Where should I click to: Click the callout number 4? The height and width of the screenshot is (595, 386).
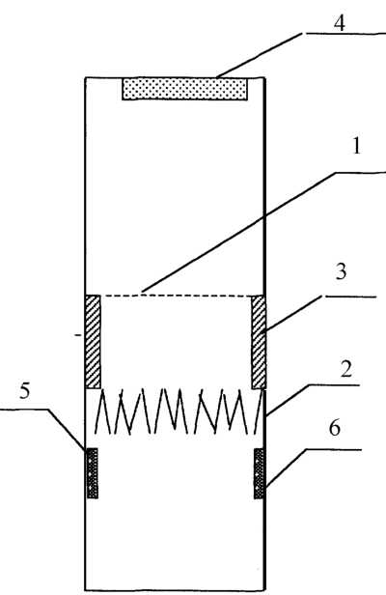340,23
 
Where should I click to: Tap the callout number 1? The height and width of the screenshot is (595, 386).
356,146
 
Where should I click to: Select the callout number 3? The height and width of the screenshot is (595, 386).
341,271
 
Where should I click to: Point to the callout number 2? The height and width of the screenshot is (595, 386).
345,369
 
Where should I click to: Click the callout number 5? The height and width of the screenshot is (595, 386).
25,390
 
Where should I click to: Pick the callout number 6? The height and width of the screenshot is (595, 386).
334,428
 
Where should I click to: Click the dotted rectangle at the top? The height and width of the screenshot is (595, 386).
184,89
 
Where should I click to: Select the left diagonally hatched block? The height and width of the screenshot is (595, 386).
93,342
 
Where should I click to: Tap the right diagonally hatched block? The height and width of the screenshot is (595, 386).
259,342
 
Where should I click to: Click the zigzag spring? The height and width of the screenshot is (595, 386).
179,411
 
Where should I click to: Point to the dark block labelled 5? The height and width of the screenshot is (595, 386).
92,473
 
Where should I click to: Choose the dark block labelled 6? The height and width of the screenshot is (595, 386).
260,473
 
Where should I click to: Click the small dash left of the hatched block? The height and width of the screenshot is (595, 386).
78,334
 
